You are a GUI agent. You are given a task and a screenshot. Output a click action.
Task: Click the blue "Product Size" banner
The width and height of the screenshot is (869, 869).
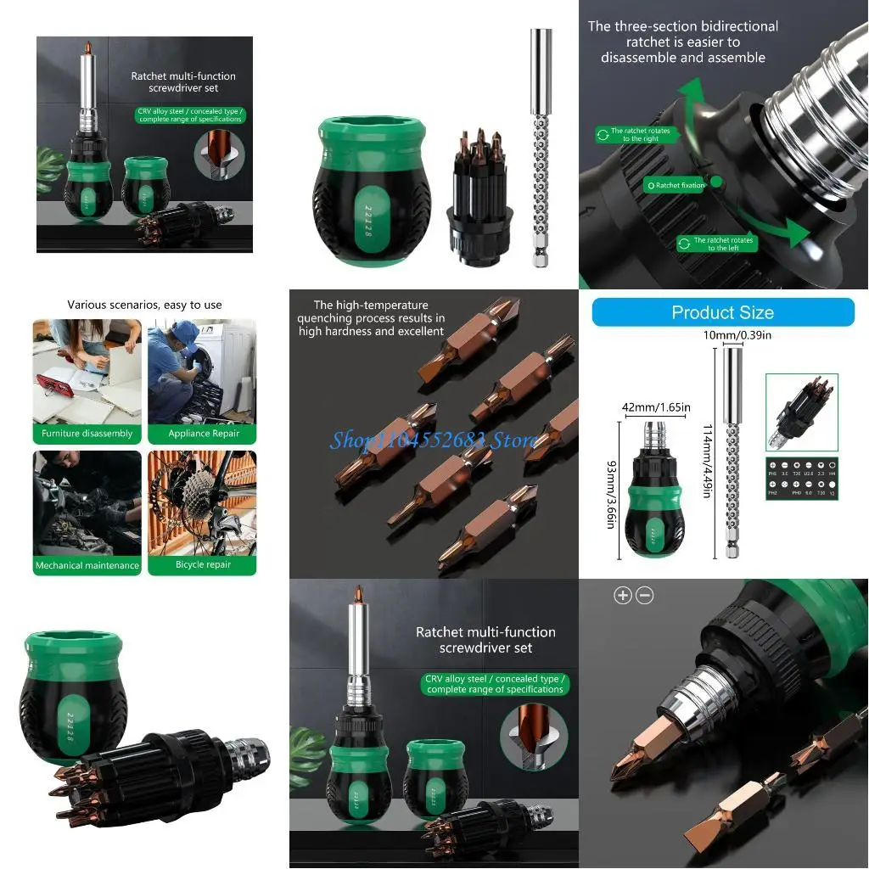[x=723, y=312]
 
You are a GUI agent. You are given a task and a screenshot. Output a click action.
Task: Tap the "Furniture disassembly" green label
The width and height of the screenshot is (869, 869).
[x=87, y=434]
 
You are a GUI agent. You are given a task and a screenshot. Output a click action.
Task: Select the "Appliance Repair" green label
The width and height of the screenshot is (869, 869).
[x=202, y=434]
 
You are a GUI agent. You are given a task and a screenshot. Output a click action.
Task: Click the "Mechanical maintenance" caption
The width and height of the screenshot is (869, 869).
[x=87, y=565]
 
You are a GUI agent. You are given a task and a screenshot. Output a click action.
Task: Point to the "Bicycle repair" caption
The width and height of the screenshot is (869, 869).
[x=203, y=564]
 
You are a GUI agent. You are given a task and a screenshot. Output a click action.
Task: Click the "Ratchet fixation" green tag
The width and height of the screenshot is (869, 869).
[x=676, y=185]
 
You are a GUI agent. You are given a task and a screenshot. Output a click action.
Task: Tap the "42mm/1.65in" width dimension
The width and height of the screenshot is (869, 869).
[x=656, y=407]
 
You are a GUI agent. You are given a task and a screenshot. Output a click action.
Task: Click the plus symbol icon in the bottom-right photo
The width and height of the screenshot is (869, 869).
[x=623, y=596]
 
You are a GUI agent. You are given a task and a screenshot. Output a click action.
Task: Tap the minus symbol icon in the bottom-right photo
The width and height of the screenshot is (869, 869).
[x=644, y=596]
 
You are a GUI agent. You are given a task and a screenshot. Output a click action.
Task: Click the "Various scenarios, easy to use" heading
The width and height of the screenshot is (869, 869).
[x=144, y=305]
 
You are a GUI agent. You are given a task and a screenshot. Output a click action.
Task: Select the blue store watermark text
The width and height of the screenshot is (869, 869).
[x=433, y=440]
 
